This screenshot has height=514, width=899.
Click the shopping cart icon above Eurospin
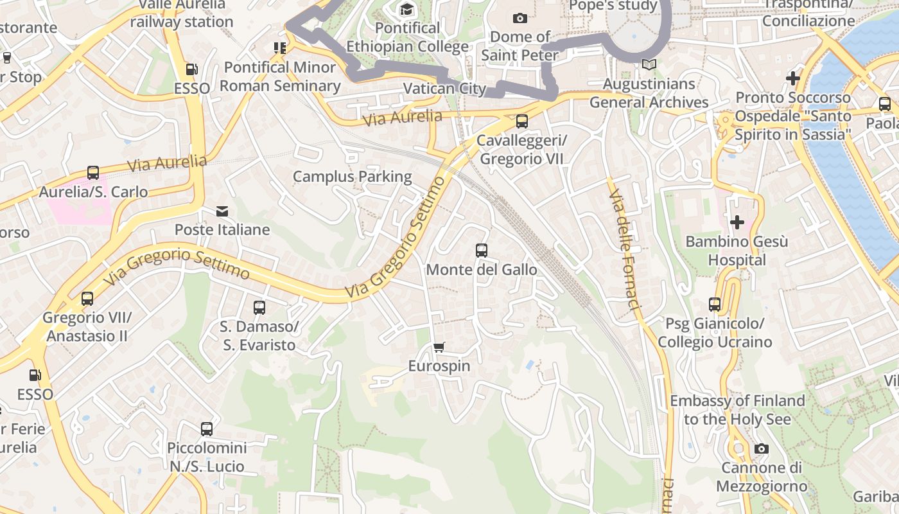click(439, 348)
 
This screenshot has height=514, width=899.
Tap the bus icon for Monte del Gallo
click(482, 251)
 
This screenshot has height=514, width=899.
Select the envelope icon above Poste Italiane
click(222, 211)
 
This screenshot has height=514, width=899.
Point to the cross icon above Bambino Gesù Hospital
click(737, 222)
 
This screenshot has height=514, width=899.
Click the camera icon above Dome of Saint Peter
click(520, 18)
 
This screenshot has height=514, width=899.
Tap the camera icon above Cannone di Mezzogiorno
click(762, 448)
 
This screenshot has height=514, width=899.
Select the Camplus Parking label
click(352, 176)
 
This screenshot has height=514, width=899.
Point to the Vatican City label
click(444, 88)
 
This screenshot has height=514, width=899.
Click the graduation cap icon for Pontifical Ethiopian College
click(406, 9)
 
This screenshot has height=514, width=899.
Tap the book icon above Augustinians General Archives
click(649, 65)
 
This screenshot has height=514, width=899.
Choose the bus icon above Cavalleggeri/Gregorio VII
click(522, 121)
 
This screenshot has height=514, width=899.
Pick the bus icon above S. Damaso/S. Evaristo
click(259, 308)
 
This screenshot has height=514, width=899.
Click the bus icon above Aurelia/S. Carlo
click(93, 173)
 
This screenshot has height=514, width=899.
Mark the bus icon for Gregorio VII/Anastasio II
click(87, 299)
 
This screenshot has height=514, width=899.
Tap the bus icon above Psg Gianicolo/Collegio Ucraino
click(715, 305)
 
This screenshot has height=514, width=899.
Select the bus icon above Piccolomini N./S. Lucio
click(207, 429)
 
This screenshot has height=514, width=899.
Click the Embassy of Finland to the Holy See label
click(737, 410)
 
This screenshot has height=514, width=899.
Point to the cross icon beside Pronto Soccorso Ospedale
click(793, 78)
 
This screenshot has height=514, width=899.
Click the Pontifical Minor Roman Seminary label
click(280, 76)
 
